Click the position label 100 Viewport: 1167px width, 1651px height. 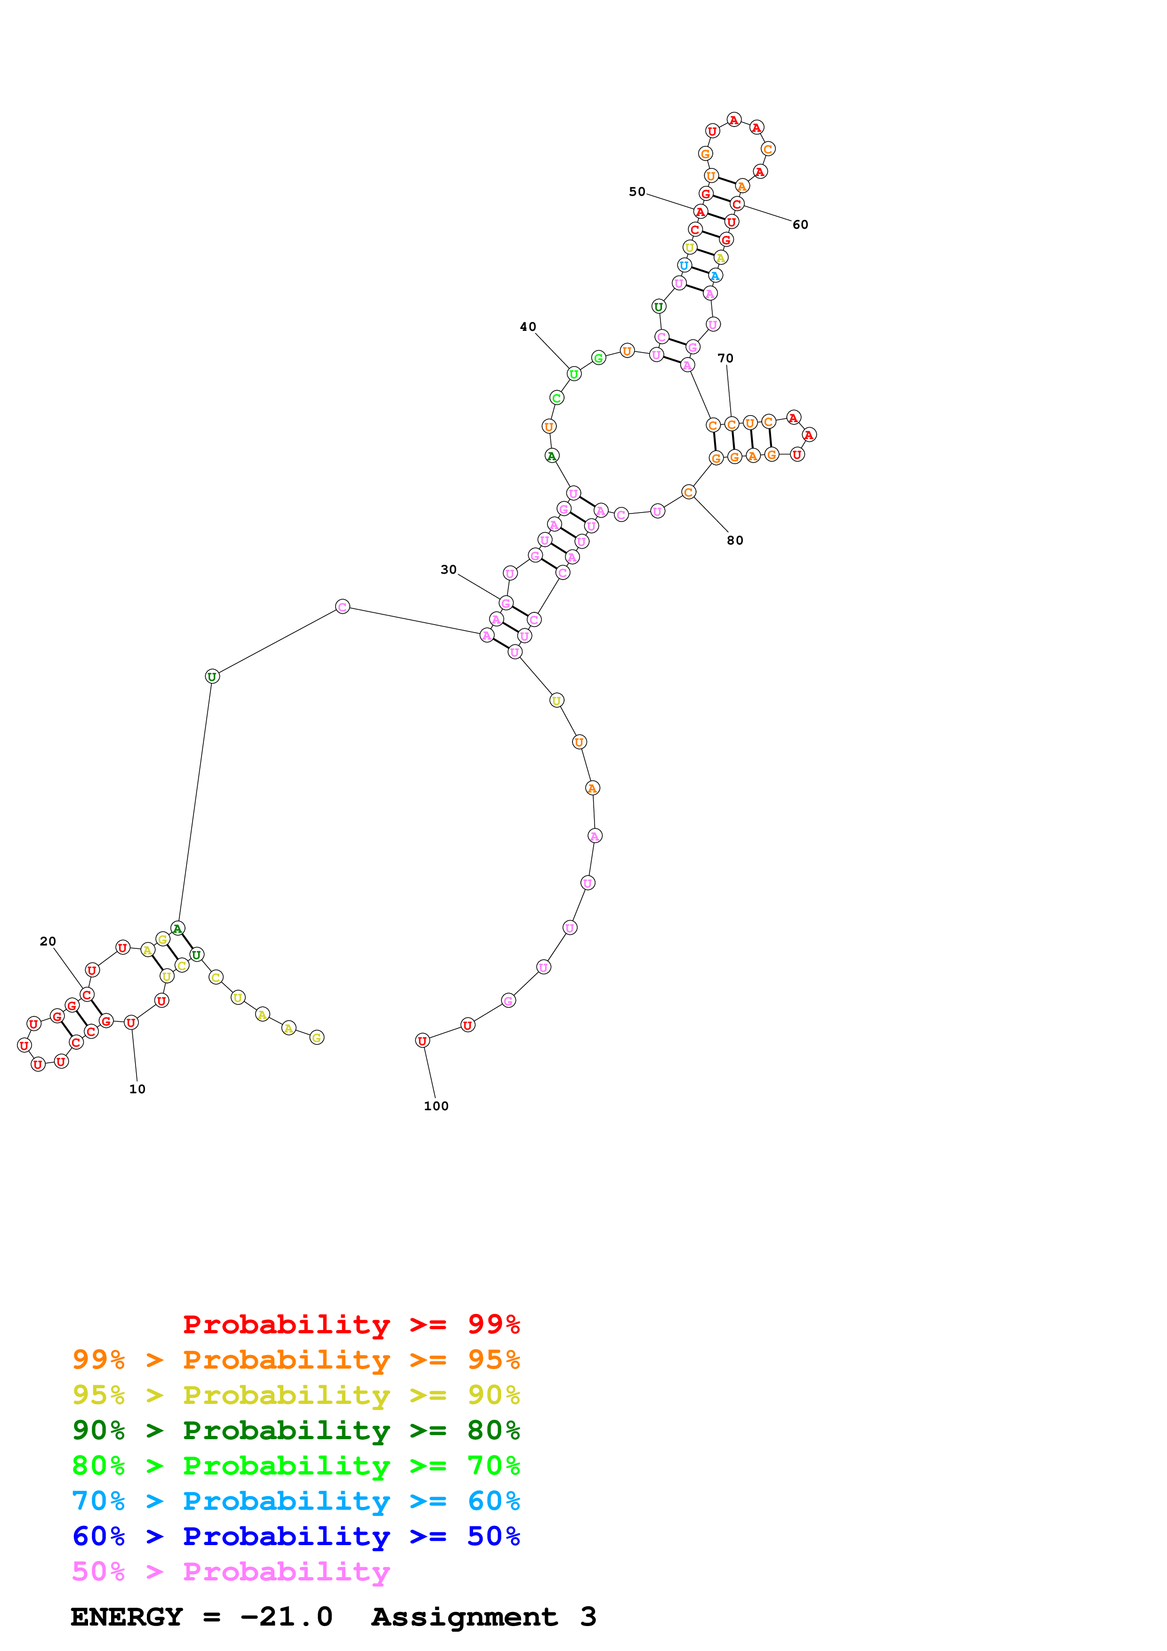pos(436,1106)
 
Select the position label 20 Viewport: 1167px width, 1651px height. pos(48,941)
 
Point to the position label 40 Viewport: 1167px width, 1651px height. pos(528,327)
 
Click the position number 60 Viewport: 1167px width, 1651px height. pos(800,224)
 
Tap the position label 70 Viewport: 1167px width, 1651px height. pos(725,358)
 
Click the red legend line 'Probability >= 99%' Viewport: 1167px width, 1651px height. pos(351,1324)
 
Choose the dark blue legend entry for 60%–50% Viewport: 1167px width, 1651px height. pos(296,1536)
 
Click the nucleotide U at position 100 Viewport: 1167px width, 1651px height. pos(422,1041)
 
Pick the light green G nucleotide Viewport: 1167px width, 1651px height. pos(598,358)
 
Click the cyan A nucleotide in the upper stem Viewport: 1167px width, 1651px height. pos(714,275)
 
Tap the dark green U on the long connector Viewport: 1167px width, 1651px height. pos(212,677)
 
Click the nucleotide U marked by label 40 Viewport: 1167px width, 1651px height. pos(574,374)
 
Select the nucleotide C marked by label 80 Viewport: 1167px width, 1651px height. pos(688,493)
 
